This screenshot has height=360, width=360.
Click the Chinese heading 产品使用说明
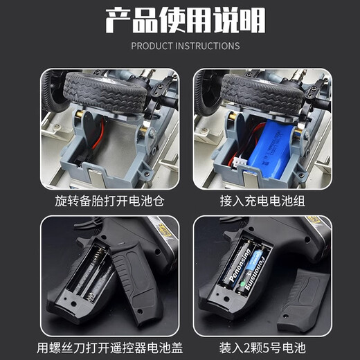(x=186, y=21)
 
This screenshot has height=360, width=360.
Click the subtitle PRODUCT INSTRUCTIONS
(x=186, y=46)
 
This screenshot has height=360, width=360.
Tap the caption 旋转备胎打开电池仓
(x=109, y=201)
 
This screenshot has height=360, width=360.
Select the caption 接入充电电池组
(x=262, y=201)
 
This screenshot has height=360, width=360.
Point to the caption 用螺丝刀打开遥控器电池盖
(x=110, y=348)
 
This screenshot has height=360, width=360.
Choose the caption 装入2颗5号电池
(x=262, y=348)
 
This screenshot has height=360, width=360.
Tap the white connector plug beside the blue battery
(x=240, y=161)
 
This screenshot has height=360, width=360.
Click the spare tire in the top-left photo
(x=106, y=92)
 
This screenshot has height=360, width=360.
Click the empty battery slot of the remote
(x=89, y=273)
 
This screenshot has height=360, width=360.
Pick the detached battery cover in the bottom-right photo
(x=303, y=300)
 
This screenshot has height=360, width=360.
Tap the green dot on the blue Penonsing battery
(x=242, y=284)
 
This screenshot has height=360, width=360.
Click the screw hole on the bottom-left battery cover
(x=139, y=312)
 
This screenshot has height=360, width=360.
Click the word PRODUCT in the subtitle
(x=152, y=46)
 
